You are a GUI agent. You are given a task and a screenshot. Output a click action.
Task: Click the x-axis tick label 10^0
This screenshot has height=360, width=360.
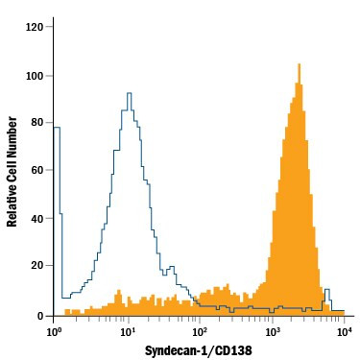[x=55, y=331]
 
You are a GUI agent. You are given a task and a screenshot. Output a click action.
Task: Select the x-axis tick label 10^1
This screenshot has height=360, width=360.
[x=127, y=331]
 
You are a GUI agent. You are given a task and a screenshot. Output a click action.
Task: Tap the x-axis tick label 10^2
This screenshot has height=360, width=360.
[x=200, y=331]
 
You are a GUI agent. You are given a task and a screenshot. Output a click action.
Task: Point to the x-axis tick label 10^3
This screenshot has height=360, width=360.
[x=273, y=331]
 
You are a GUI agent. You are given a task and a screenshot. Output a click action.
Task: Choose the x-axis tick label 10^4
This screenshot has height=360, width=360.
[x=345, y=331]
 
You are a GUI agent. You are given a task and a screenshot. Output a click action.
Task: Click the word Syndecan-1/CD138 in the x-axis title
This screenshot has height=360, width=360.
[x=200, y=350]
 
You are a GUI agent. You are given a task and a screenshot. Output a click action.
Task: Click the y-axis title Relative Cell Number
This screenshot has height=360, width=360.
[x=12, y=171]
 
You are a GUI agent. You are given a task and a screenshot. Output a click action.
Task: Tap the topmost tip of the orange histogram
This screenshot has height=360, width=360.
[x=299, y=64]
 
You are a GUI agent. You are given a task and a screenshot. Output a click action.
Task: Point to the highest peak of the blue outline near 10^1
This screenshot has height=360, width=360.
[x=128, y=93]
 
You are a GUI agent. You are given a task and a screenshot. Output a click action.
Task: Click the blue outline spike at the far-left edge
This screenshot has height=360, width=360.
[x=57, y=127]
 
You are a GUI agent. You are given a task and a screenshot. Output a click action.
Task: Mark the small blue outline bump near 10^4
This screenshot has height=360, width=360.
[x=326, y=289]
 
